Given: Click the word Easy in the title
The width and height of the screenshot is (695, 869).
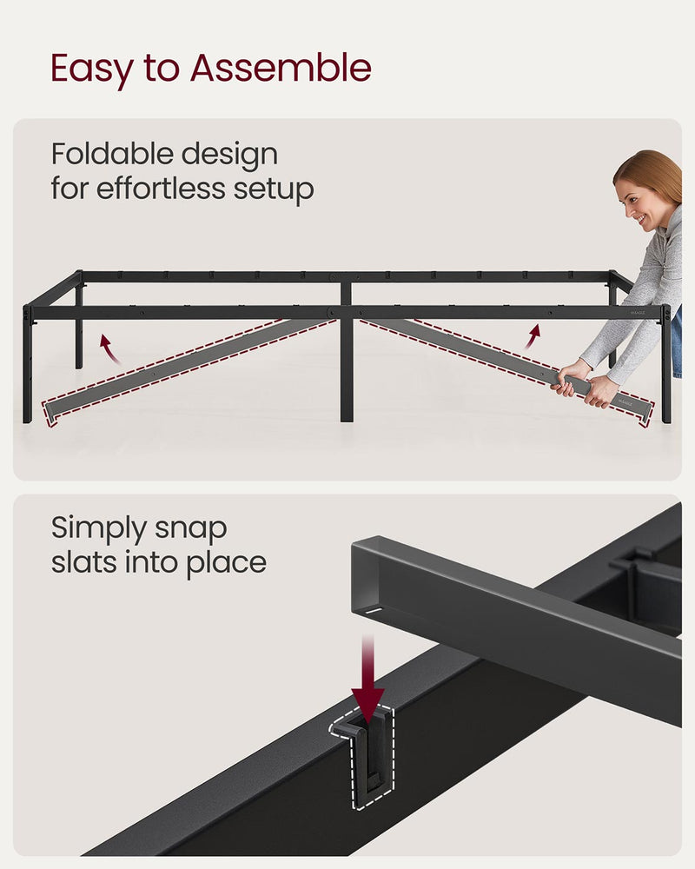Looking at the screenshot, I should [88, 69].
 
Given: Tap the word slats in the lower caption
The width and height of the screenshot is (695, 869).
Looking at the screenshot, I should [82, 562].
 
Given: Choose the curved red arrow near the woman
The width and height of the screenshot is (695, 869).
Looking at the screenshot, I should [532, 336].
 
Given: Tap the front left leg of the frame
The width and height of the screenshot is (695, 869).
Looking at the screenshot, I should [28, 365].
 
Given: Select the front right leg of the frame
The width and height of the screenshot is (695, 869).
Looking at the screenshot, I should [666, 365].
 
